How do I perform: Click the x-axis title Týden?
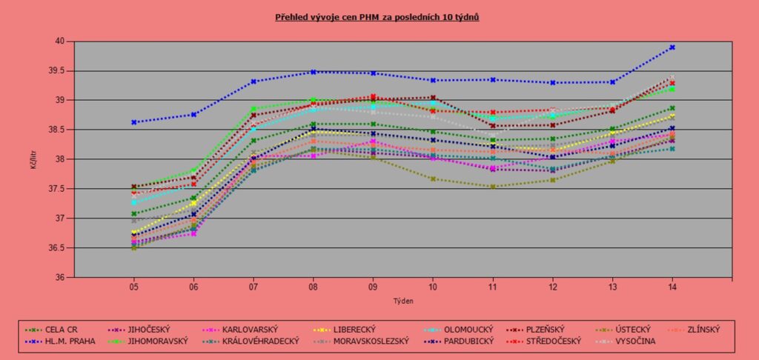point(403,301)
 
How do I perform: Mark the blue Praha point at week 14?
point(672,47)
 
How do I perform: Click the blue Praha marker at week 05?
point(134,122)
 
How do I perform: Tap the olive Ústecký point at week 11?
point(493,187)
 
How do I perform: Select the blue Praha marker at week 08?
point(314,72)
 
